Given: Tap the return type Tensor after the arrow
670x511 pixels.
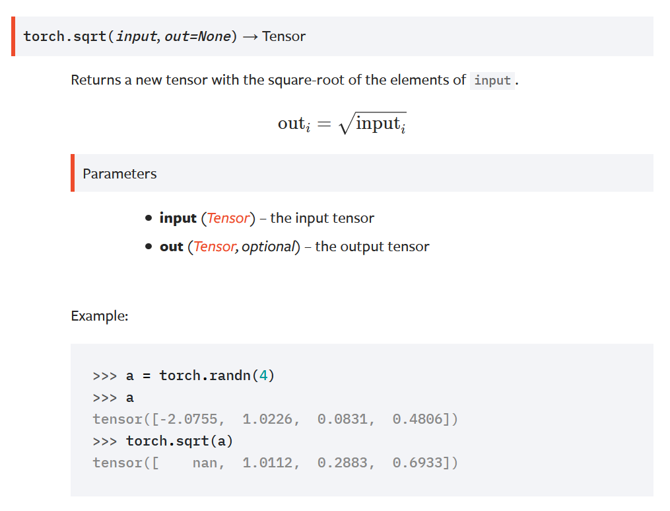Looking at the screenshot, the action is click(x=284, y=36).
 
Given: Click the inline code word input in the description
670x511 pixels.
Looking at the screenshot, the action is click(x=492, y=81).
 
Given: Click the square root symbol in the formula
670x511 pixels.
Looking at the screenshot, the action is click(x=345, y=124).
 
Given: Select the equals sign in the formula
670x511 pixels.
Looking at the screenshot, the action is click(x=323, y=124).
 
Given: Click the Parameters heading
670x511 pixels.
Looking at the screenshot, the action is click(x=119, y=174).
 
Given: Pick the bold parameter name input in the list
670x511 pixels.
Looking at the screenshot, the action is click(x=178, y=218).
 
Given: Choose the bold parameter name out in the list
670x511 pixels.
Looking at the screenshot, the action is click(x=171, y=247).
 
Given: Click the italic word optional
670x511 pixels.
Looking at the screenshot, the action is click(x=268, y=247).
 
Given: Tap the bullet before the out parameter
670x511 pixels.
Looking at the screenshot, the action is click(x=149, y=247).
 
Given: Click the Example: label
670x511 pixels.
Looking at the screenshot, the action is click(x=99, y=316).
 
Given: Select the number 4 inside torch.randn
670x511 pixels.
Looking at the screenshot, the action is click(x=263, y=376).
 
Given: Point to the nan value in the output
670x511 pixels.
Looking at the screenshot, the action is click(x=205, y=463).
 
